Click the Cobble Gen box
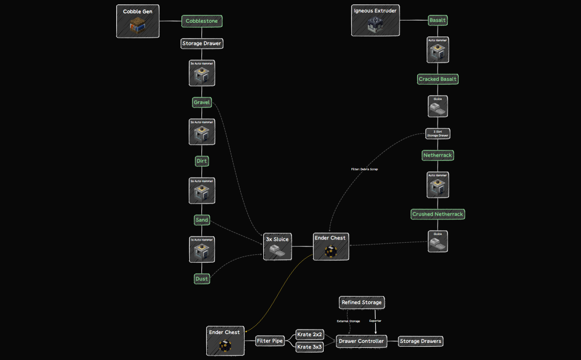(x=138, y=21)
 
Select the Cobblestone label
(x=202, y=21)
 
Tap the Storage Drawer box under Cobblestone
(x=202, y=43)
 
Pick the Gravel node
(x=202, y=102)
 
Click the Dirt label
(x=202, y=161)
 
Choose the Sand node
(x=202, y=220)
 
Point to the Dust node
(x=202, y=279)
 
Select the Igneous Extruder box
(x=375, y=20)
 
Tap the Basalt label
(x=438, y=20)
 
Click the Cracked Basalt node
(x=438, y=79)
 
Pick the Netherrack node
(x=438, y=155)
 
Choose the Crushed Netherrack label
(x=438, y=214)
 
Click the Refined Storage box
(x=361, y=302)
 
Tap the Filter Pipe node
(x=270, y=341)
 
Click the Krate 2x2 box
(x=309, y=335)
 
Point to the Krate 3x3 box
(x=309, y=347)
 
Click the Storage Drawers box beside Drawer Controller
(x=421, y=341)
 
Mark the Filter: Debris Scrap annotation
(x=364, y=169)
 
